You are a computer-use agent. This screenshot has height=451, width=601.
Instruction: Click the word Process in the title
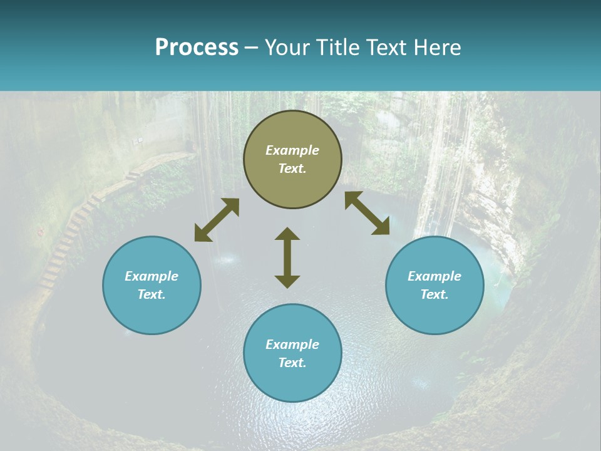197,48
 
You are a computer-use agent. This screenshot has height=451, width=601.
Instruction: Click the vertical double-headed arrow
287,257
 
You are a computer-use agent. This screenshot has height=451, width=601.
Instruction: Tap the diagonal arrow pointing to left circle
217,220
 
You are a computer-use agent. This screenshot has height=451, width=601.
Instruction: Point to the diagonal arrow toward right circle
367,213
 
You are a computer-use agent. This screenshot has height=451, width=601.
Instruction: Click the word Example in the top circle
292,150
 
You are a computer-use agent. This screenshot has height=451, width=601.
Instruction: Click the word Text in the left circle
151,294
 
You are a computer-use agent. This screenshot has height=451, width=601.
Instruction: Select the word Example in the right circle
434,276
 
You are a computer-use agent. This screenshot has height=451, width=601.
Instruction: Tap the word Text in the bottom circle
292,363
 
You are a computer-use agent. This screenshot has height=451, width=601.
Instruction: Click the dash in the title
252,48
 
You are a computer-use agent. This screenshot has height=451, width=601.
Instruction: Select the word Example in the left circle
152,276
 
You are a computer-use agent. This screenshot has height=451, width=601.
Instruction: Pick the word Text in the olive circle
292,168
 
